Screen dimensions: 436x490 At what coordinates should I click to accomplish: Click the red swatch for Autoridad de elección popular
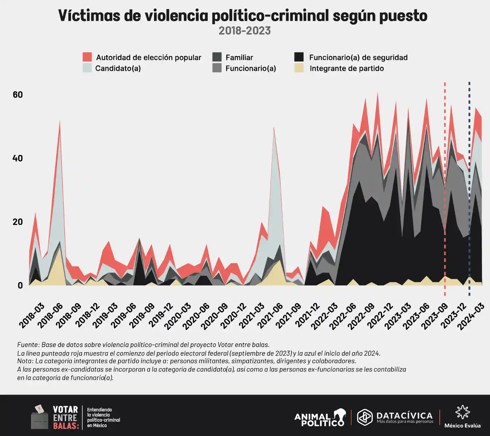pos(87,57)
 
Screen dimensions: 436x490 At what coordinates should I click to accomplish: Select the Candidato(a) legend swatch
pos(87,68)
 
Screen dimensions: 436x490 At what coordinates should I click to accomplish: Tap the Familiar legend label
pos(239,57)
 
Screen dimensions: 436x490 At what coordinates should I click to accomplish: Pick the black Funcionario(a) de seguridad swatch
pos(299,57)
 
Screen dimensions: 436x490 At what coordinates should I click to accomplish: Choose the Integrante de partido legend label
pos(347,68)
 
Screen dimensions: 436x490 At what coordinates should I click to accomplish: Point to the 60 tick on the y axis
pos(17,95)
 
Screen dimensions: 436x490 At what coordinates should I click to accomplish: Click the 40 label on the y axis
pos(17,158)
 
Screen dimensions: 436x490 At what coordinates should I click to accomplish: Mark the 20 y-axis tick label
pos(17,222)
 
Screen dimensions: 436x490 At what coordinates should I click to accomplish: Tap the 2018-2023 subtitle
pos(245,31)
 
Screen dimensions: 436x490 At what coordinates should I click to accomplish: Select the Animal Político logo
pos(320,418)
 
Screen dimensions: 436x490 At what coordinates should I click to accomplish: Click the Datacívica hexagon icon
pos(365,417)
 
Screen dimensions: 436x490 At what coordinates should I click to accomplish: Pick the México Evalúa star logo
pos(462,412)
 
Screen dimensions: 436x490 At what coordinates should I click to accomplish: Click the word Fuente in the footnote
pos(28,344)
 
